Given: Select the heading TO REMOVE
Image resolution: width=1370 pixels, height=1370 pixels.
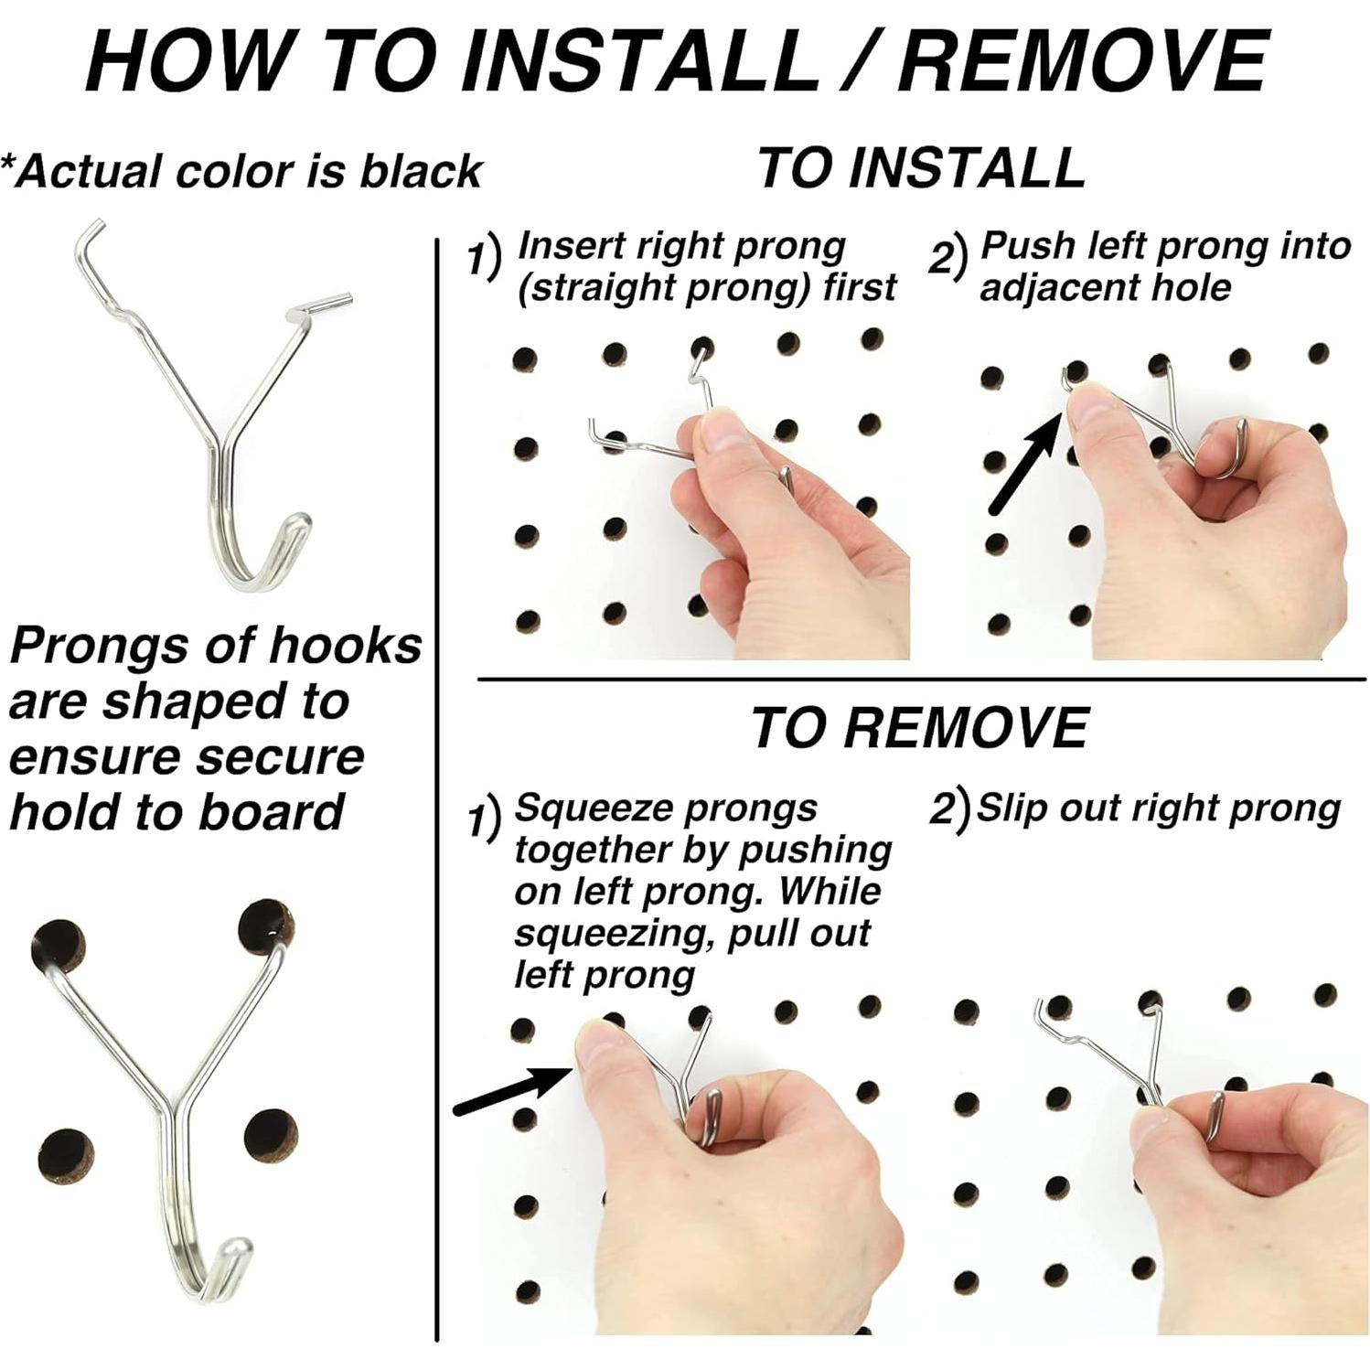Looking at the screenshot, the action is click(919, 728).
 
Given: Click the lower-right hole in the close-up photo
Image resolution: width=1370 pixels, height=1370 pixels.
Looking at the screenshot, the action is click(272, 1138).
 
